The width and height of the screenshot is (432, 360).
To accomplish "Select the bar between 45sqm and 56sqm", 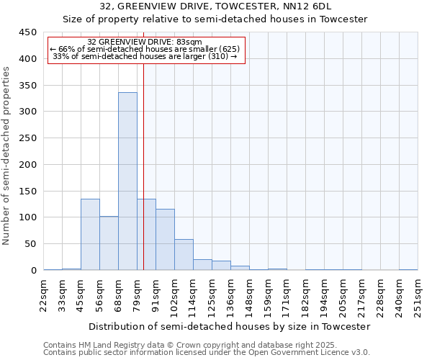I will pos(90,235).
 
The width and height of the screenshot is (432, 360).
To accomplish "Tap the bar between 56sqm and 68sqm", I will pos(109,243).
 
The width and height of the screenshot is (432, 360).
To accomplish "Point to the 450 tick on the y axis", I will pos(27,32).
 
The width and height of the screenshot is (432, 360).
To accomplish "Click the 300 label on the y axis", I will pos(27,112).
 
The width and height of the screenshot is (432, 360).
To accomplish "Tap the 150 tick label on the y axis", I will pos(27,191).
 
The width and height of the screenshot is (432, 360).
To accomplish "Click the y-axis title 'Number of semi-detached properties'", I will pos(6,156).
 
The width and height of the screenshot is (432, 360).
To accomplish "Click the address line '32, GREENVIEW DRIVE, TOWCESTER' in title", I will pos(215,6).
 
